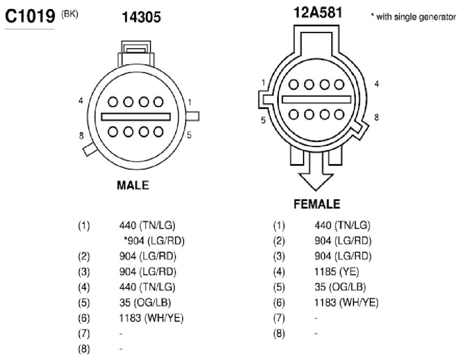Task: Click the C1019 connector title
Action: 30,16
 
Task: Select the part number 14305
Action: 141,17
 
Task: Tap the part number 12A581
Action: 318,12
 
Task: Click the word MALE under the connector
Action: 133,185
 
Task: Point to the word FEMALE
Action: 317,204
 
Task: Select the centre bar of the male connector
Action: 136,117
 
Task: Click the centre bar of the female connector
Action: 316,100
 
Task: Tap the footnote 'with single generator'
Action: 414,17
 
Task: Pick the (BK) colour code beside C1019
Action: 70,14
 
